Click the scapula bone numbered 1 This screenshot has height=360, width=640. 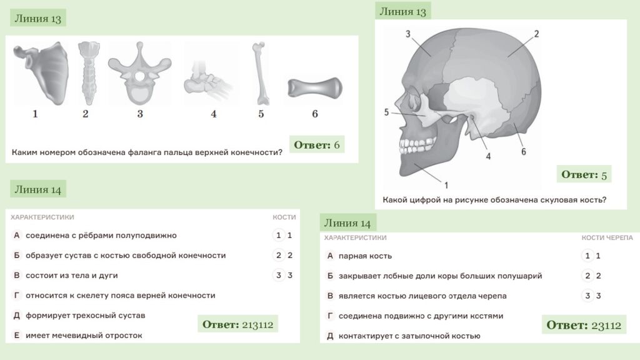click(x=45, y=74)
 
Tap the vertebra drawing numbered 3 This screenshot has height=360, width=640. click(x=139, y=74)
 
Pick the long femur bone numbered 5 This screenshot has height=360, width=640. click(x=261, y=74)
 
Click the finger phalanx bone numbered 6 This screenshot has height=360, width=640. click(x=315, y=88)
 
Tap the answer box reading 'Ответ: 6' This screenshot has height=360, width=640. click(x=317, y=144)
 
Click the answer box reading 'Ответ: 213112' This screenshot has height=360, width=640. click(x=238, y=324)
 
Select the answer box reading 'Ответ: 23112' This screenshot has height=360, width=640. click(x=584, y=325)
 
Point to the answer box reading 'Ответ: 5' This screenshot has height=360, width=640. click(x=584, y=174)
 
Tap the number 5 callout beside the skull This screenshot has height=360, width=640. click(x=386, y=112)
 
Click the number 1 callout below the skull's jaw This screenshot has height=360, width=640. click(x=446, y=185)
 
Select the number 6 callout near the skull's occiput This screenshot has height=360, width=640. click(x=524, y=152)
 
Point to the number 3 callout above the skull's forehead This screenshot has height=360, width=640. click(x=407, y=34)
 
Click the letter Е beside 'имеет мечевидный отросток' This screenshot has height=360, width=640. click(x=17, y=335)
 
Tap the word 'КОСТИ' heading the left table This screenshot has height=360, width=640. click(x=284, y=217)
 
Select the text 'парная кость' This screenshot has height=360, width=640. click(x=365, y=256)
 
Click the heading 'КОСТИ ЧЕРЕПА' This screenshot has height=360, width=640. click(x=607, y=237)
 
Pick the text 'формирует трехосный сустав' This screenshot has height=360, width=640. click(x=85, y=316)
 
